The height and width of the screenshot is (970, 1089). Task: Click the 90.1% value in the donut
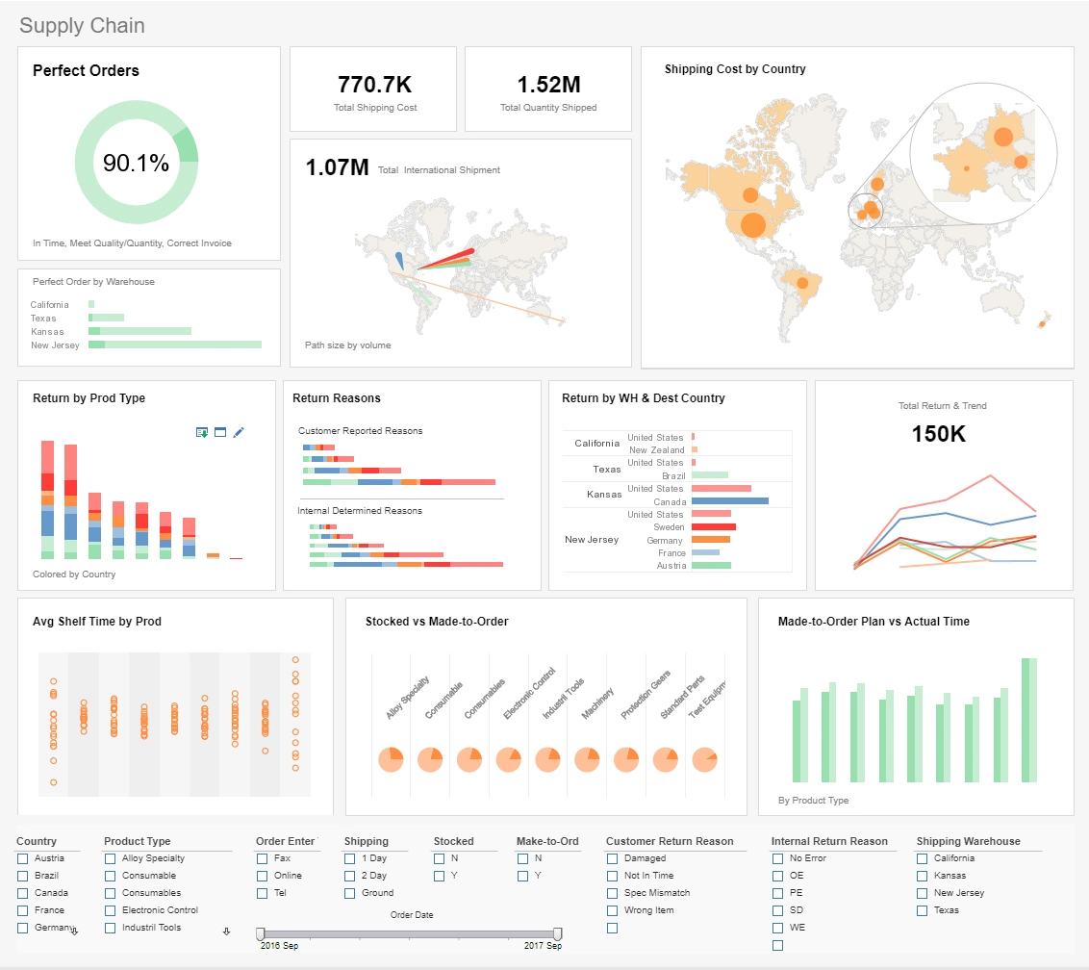tap(136, 164)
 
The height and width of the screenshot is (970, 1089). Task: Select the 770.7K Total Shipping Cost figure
tap(375, 85)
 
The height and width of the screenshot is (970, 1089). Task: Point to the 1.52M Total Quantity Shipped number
tap(548, 85)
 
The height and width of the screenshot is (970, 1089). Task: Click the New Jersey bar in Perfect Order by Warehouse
tap(175, 345)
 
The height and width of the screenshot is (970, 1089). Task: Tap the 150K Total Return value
tap(938, 434)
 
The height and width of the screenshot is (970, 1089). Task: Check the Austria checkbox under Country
tap(22, 858)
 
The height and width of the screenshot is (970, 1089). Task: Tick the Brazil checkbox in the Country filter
tap(22, 876)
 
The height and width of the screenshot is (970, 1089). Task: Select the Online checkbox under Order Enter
tap(263, 876)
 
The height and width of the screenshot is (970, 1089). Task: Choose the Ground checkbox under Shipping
tap(350, 893)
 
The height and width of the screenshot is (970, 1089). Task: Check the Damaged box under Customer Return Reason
tap(613, 858)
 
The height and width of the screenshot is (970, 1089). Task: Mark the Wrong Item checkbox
tap(613, 910)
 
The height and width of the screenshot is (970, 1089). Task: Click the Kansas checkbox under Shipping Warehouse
tap(923, 876)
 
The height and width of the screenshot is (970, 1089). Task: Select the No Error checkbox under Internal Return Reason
tap(778, 858)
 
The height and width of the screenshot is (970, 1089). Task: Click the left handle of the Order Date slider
tap(260, 933)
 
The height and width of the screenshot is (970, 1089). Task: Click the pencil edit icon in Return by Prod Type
tap(239, 433)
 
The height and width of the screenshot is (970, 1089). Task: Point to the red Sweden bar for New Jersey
tap(713, 527)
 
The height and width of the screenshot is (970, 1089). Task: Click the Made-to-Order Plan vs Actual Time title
tap(874, 622)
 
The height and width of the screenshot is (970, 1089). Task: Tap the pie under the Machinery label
tap(587, 759)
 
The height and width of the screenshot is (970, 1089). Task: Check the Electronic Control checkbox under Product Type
tap(110, 910)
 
